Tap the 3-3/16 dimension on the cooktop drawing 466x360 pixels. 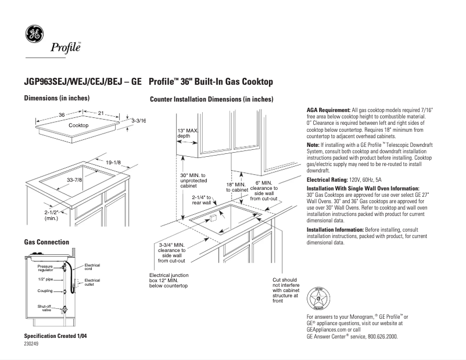(138, 120)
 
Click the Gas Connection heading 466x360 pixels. (46, 242)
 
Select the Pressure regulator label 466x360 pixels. (45, 268)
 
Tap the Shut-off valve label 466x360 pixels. (45, 308)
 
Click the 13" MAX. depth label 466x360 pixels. (188, 133)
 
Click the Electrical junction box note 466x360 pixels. (169, 280)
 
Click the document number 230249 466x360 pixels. (32, 344)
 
